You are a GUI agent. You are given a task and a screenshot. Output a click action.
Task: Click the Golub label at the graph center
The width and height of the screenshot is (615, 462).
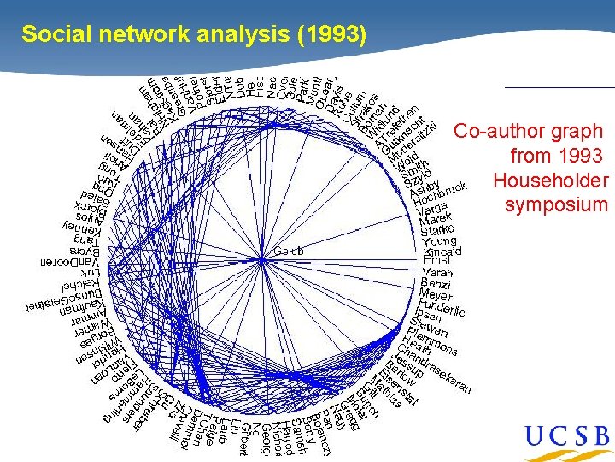point(289,251)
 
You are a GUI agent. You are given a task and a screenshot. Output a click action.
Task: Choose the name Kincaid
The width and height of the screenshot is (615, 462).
point(442,252)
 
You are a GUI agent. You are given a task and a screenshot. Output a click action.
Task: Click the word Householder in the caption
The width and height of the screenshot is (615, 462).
point(550,181)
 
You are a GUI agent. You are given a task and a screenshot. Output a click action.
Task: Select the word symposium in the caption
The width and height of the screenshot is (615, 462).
point(556,204)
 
